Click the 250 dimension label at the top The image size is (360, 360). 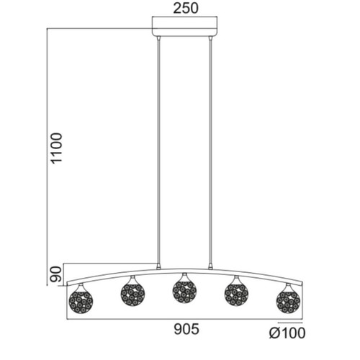(186, 9)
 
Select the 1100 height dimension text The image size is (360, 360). (57, 148)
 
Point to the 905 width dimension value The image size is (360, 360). (186, 329)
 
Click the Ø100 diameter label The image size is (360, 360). (287, 333)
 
